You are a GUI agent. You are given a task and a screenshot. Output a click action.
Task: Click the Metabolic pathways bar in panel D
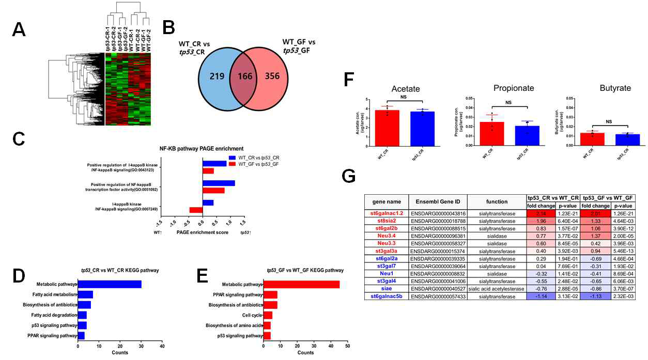point(110,284)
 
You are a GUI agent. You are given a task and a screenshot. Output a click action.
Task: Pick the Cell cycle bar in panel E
point(268,315)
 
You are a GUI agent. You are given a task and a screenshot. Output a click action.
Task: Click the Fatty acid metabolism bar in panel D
point(86,294)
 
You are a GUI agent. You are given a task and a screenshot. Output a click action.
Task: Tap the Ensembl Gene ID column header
point(438,201)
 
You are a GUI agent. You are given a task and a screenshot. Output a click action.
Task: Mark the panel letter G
point(349,178)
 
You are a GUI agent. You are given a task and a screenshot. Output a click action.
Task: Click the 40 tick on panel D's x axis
point(162,346)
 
